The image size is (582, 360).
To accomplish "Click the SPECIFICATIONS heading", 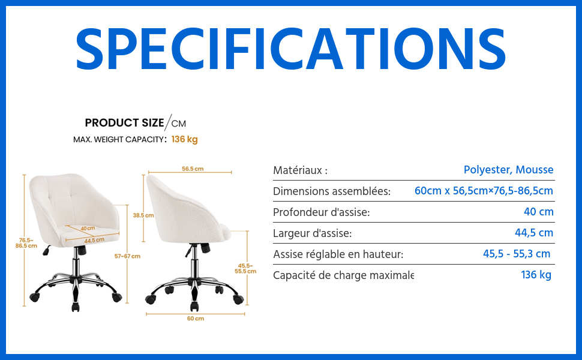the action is tap(290, 49).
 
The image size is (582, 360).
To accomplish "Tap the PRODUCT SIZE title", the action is tap(124, 123).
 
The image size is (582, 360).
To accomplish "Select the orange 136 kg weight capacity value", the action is tap(184, 139).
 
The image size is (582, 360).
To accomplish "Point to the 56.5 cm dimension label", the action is tap(193, 169).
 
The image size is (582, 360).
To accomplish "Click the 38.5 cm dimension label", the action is tap(143, 215).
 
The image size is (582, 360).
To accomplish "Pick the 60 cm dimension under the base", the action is tap(196, 319).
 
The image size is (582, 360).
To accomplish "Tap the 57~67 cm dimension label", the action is tap(127, 256).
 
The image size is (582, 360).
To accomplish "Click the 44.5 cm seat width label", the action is tap(94, 241).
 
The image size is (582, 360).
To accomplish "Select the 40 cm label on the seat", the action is tap(88, 228).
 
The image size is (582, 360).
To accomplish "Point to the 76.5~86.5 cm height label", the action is tap(26, 243).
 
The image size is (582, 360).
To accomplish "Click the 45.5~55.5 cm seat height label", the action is tap(245, 268).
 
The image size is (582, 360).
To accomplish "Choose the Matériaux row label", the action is tap(300, 170).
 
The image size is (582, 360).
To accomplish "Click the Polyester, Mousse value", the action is tap(509, 170).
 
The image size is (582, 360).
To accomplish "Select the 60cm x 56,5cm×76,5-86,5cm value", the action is tap(484, 191).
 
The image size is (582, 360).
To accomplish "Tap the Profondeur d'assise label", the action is tap(322, 212).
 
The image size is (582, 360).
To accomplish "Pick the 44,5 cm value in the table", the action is tap(534, 233).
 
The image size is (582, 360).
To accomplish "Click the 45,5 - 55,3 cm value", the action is tap(517, 254).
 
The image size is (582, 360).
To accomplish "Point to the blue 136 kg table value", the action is tap(536, 275).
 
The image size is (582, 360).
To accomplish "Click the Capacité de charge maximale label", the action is tap(343, 275).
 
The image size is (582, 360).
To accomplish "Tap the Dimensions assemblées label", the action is tap(332, 191).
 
